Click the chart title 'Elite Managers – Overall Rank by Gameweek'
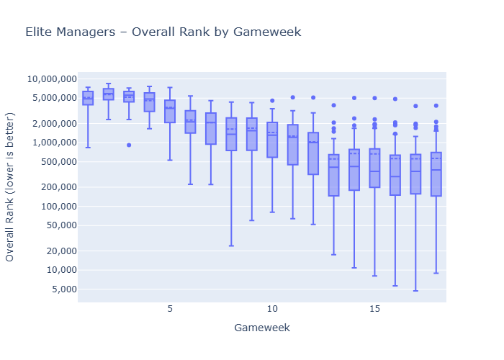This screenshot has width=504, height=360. point(163,32)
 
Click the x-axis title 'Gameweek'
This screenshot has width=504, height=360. point(262,328)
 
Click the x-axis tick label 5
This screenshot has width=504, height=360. point(170,309)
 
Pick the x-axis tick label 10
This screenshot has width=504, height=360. point(272,309)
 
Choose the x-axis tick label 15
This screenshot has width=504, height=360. point(374,309)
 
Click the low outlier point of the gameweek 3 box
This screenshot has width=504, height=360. point(129,145)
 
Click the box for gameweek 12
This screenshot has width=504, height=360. point(313,153)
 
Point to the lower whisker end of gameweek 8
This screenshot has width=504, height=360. point(231,246)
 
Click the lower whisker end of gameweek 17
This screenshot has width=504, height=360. point(415,291)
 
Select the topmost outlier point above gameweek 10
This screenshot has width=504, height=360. point(272,101)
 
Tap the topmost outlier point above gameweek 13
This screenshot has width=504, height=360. point(333,105)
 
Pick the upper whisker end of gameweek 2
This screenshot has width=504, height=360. point(108,84)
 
